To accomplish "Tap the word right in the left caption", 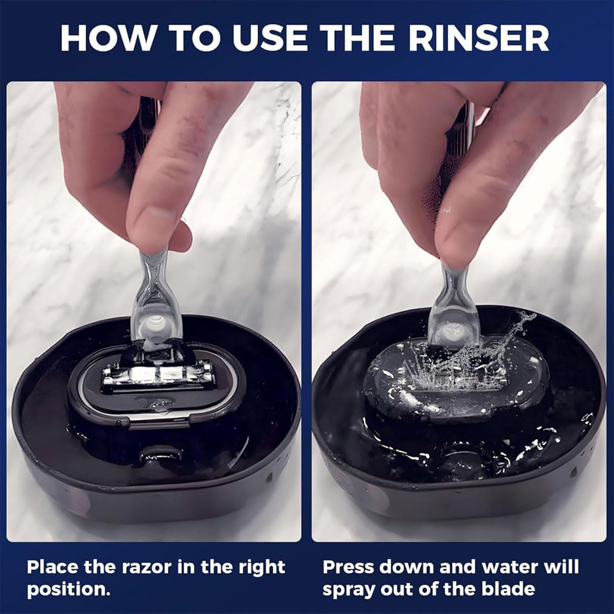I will pos(261,567).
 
